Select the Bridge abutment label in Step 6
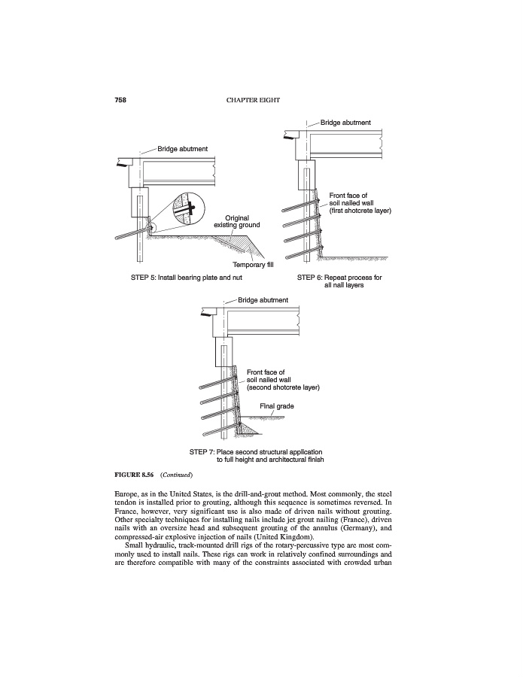click(x=345, y=122)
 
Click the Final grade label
click(x=276, y=406)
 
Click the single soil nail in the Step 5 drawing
click(x=128, y=235)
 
